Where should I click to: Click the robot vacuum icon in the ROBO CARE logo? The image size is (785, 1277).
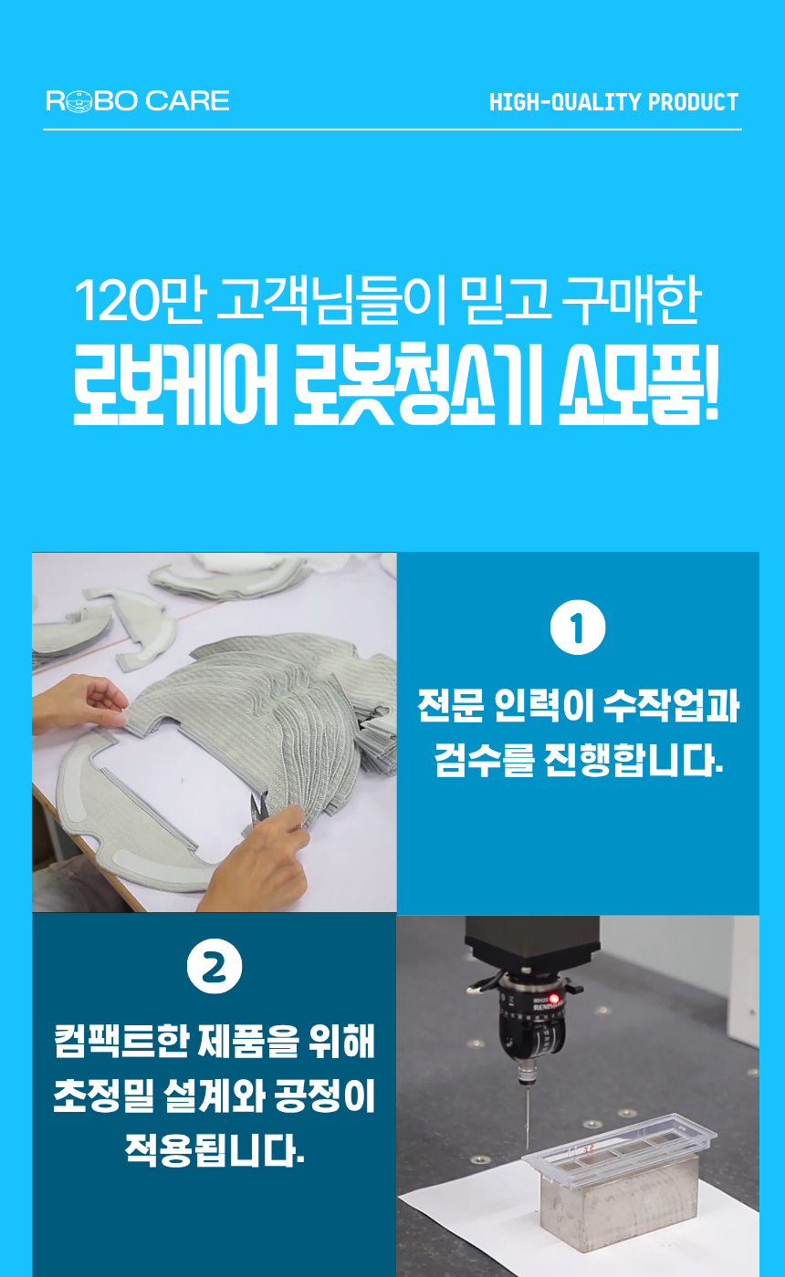78,101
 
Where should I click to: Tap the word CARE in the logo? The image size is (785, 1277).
187,101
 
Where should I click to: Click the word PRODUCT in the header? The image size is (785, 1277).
693,102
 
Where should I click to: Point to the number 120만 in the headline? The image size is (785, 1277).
139,300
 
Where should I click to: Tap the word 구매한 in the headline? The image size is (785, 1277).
631,300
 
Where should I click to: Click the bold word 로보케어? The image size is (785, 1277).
175,383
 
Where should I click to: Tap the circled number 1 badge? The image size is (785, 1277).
578,628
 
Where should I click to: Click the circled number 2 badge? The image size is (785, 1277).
215,966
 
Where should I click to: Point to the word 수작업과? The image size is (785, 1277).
672,706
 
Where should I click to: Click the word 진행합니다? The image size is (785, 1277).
633,760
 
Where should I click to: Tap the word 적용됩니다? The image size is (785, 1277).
215,1150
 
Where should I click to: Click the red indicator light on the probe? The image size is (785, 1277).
553,998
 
